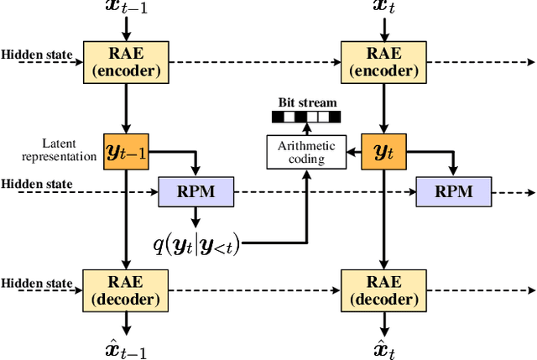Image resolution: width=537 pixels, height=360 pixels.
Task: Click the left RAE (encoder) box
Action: pyautogui.click(x=126, y=61)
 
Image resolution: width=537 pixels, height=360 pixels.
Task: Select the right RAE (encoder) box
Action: pyautogui.click(x=383, y=61)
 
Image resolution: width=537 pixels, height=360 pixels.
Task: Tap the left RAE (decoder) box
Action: pyautogui.click(x=126, y=288)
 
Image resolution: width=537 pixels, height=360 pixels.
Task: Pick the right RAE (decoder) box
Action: pyautogui.click(x=383, y=288)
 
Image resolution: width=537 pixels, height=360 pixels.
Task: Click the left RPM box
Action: pyautogui.click(x=196, y=191)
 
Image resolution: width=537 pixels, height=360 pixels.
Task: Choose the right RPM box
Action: pyautogui.click(x=454, y=191)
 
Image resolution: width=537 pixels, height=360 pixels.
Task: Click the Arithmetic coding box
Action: pyautogui.click(x=306, y=152)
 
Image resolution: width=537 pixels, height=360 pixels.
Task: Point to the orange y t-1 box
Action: pyautogui.click(x=126, y=152)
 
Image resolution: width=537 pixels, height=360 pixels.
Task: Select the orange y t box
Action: pyautogui.click(x=383, y=152)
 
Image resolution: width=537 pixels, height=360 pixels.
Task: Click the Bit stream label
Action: pyautogui.click(x=306, y=103)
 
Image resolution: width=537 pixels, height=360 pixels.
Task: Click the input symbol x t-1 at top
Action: pyautogui.click(x=126, y=9)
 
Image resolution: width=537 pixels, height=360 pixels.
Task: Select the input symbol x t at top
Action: pyautogui.click(x=383, y=9)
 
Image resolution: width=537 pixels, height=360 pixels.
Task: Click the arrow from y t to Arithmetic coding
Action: pyautogui.click(x=352, y=152)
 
